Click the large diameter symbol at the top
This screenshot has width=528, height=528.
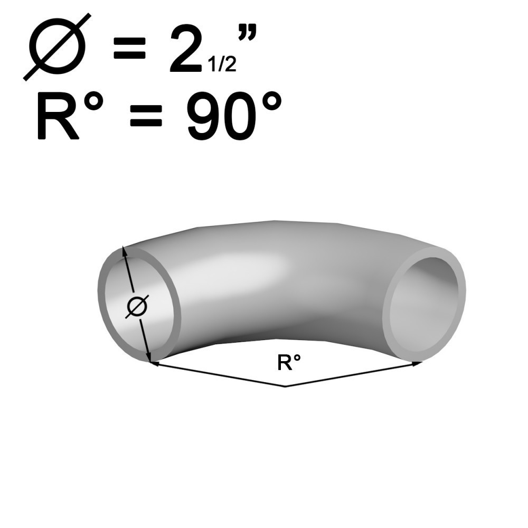pos(58,47)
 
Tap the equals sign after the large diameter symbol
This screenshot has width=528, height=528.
pos(130,48)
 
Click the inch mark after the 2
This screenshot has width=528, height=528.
pos(248,32)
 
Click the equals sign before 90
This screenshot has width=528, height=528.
pos(146,115)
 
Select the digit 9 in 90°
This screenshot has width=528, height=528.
pos(203,116)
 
